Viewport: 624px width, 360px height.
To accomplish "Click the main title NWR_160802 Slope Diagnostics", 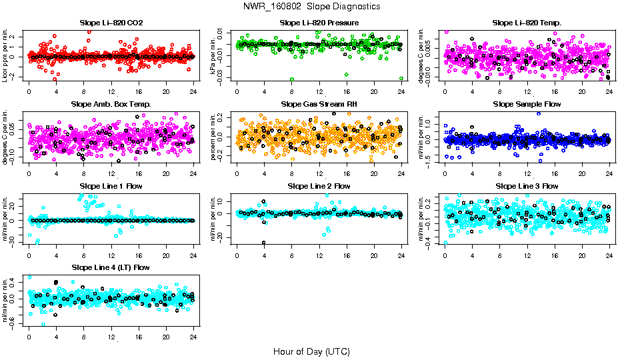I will [x=312, y=6].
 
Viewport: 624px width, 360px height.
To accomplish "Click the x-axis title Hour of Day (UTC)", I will [x=311, y=351].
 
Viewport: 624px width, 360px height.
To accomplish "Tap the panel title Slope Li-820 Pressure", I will [x=319, y=23].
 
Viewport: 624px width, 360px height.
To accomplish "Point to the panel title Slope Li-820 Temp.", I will [x=527, y=23].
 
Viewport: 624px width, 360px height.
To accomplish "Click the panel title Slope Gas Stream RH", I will [x=319, y=104].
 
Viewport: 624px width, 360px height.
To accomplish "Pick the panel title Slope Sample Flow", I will [x=527, y=104].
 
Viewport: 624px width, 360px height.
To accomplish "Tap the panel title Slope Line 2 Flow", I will [x=319, y=186].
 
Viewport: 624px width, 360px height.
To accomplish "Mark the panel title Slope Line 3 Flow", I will [x=527, y=186].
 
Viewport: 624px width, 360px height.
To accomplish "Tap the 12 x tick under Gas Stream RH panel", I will [x=319, y=173].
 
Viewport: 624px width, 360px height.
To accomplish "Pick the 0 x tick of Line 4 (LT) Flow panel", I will [x=29, y=337].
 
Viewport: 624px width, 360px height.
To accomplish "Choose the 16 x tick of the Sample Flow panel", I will [x=554, y=173].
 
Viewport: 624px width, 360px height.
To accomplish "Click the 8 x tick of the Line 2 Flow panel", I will [x=291, y=255].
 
